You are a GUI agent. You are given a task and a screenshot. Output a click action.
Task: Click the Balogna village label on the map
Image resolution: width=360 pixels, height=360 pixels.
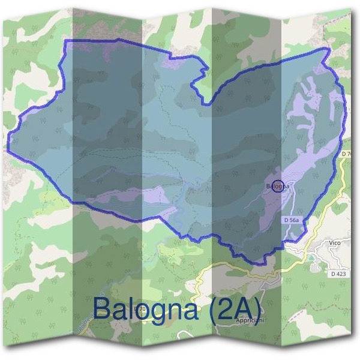[277, 187]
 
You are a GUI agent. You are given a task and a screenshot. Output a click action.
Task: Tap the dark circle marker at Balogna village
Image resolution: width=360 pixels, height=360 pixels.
[277, 185]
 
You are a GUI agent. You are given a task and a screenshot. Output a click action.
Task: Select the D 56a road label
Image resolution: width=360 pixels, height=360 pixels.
[291, 221]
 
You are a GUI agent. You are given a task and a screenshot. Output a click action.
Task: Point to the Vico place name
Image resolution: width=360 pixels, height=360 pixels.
[335, 242]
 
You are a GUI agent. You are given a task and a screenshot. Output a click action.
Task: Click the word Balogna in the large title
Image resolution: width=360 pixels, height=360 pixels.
[145, 309]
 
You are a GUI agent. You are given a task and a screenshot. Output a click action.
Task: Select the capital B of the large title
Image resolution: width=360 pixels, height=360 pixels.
[103, 309]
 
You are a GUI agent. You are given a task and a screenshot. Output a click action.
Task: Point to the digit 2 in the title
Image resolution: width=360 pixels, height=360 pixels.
[226, 309]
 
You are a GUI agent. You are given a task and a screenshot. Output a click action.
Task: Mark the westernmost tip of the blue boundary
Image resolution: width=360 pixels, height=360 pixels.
[8, 145]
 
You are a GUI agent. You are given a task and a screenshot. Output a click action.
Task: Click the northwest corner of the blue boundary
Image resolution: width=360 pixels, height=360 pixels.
[65, 41]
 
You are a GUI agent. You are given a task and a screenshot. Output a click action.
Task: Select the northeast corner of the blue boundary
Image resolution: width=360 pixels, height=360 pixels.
[329, 47]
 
